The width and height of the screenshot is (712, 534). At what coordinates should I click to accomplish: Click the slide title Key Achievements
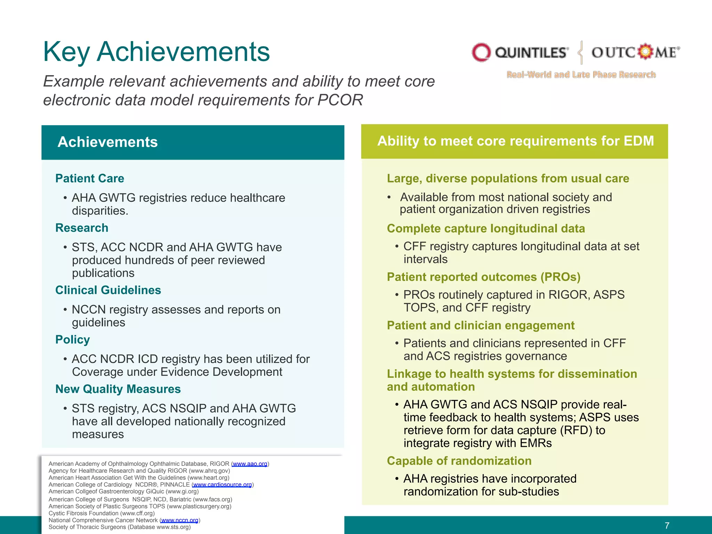click(156, 52)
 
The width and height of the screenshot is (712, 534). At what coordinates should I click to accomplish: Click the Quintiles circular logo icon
click(481, 52)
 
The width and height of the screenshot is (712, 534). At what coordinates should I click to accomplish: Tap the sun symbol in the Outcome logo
click(645, 52)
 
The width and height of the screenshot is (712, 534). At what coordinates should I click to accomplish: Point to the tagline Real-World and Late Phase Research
click(581, 75)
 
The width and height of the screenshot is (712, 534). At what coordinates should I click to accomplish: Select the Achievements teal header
click(193, 142)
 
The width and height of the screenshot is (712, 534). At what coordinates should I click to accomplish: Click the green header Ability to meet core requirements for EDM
click(515, 141)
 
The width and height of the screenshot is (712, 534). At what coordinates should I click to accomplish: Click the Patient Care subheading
click(90, 178)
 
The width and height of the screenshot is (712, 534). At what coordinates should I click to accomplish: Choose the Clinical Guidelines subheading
click(108, 290)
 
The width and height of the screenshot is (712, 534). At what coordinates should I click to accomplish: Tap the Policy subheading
click(73, 339)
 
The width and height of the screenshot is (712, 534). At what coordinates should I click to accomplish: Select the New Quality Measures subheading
click(118, 389)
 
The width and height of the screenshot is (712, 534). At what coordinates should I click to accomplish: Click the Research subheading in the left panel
click(82, 228)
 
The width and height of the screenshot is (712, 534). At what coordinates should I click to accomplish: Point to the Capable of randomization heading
click(459, 461)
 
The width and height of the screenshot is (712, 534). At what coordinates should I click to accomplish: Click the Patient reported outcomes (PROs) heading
click(484, 277)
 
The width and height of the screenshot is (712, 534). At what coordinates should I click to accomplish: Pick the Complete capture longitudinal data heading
click(486, 228)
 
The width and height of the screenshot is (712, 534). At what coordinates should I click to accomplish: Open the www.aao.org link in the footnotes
click(250, 464)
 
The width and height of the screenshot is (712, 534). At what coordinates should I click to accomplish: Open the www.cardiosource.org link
click(222, 485)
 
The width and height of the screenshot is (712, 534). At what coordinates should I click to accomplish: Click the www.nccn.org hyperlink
click(179, 520)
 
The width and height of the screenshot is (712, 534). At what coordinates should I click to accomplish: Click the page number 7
click(666, 525)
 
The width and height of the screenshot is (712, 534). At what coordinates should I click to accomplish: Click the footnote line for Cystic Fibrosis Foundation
click(102, 513)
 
